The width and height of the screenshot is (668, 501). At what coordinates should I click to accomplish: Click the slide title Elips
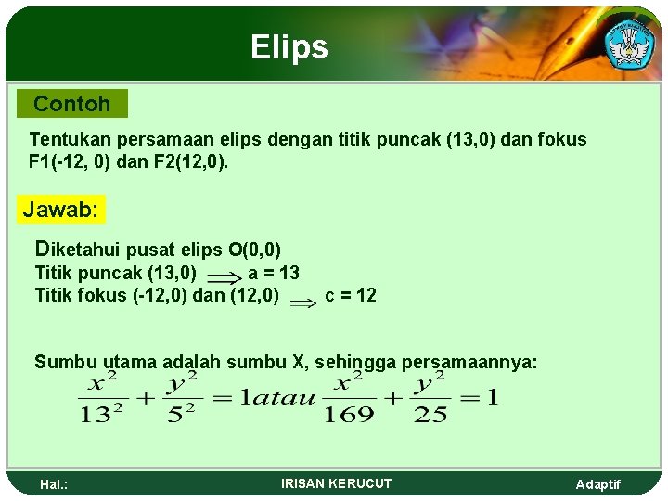point(289,47)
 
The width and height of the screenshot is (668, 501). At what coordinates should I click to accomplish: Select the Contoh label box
point(71,104)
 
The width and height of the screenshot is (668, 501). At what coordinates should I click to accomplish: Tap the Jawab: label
point(60,210)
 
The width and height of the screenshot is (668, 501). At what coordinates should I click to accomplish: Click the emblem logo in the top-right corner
point(629,42)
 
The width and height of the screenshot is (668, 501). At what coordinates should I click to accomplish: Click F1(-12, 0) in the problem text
point(69,161)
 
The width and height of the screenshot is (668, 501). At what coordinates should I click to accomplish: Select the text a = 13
point(274,273)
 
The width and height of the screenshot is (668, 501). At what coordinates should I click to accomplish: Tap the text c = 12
point(351,296)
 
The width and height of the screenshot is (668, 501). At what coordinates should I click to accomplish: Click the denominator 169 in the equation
point(348,414)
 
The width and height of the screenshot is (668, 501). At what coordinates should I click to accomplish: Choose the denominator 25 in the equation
point(430,414)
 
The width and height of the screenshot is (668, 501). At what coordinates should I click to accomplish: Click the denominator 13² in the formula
point(102,414)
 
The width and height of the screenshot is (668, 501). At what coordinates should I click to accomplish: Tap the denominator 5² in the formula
point(182,414)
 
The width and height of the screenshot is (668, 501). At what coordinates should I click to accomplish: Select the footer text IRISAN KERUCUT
point(336,483)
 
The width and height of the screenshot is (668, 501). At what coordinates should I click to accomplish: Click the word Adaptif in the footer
point(598,484)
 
